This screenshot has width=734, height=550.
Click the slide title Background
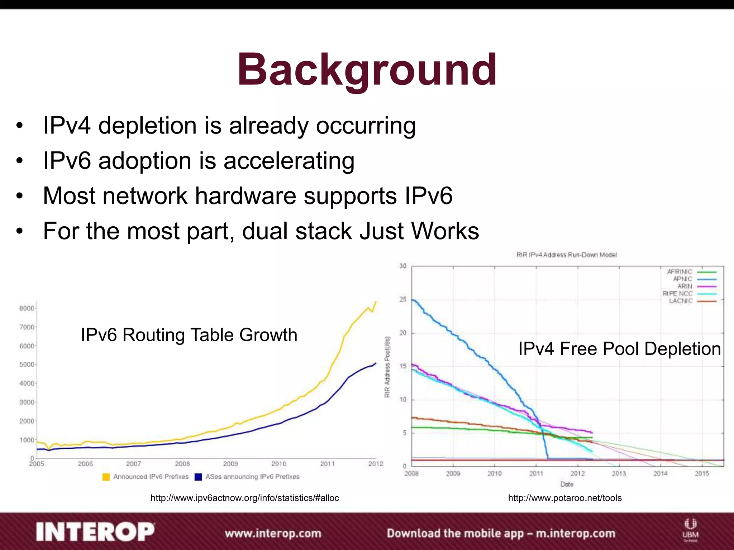(367, 70)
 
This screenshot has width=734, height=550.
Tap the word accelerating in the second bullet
(289, 161)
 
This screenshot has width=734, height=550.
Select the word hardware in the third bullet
(246, 196)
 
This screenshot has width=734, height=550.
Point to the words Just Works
(419, 231)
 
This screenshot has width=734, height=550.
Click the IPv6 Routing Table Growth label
(189, 335)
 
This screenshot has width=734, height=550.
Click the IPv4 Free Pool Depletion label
(619, 349)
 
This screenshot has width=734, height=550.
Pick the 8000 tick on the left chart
(27, 308)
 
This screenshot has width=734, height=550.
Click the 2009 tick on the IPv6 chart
(230, 464)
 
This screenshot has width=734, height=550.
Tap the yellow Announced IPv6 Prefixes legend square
(106, 477)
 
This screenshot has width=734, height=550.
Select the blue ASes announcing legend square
(198, 477)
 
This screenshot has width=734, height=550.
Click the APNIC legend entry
(682, 279)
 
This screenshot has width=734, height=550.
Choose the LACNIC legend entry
(681, 301)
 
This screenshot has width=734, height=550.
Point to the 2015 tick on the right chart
(702, 474)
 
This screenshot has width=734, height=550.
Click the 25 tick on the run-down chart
(403, 299)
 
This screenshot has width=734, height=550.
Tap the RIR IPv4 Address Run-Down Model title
(567, 255)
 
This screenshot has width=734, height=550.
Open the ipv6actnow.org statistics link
(244, 498)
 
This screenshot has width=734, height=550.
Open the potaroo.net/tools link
(565, 498)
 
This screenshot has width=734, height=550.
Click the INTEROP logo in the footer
(95, 532)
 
